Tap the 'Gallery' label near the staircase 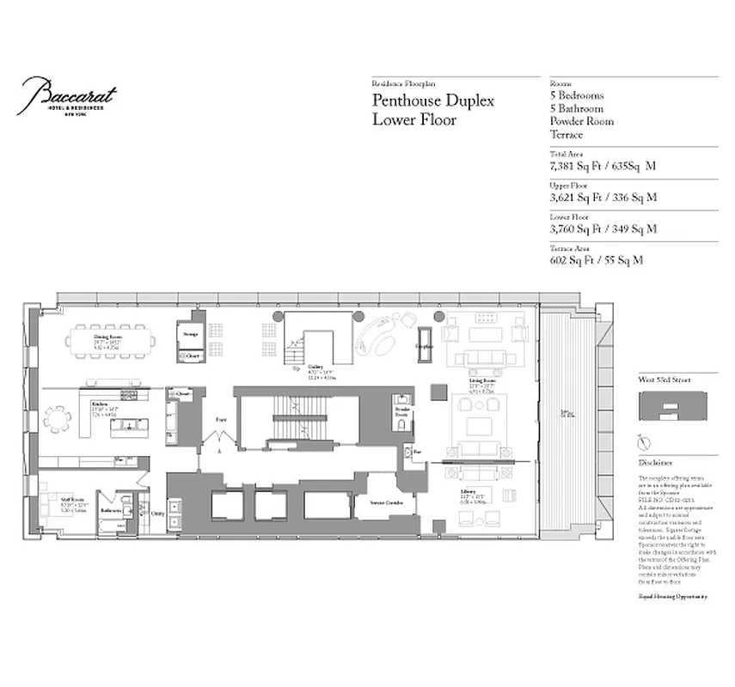[x=303, y=365]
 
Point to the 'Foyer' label [x=221, y=420]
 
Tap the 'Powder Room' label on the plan [x=401, y=410]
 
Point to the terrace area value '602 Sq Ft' [x=574, y=259]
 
